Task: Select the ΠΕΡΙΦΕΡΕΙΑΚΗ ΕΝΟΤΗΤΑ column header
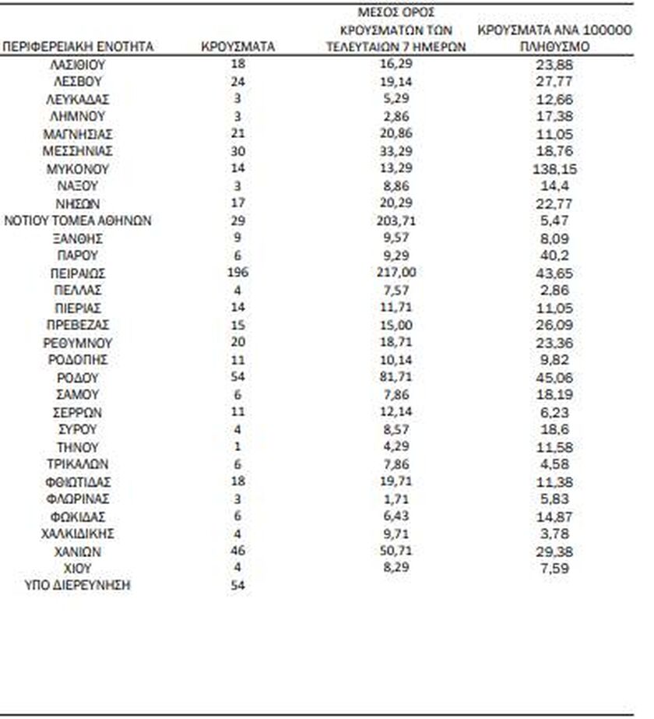tap(79, 47)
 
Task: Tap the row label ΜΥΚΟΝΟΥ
tap(79, 169)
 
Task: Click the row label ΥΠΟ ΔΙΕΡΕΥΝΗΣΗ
tap(79, 585)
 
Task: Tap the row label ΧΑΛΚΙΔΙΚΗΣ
tap(79, 534)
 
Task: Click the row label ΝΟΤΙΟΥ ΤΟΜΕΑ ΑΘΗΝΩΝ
tap(79, 221)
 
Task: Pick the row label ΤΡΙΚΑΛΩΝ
tap(79, 464)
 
